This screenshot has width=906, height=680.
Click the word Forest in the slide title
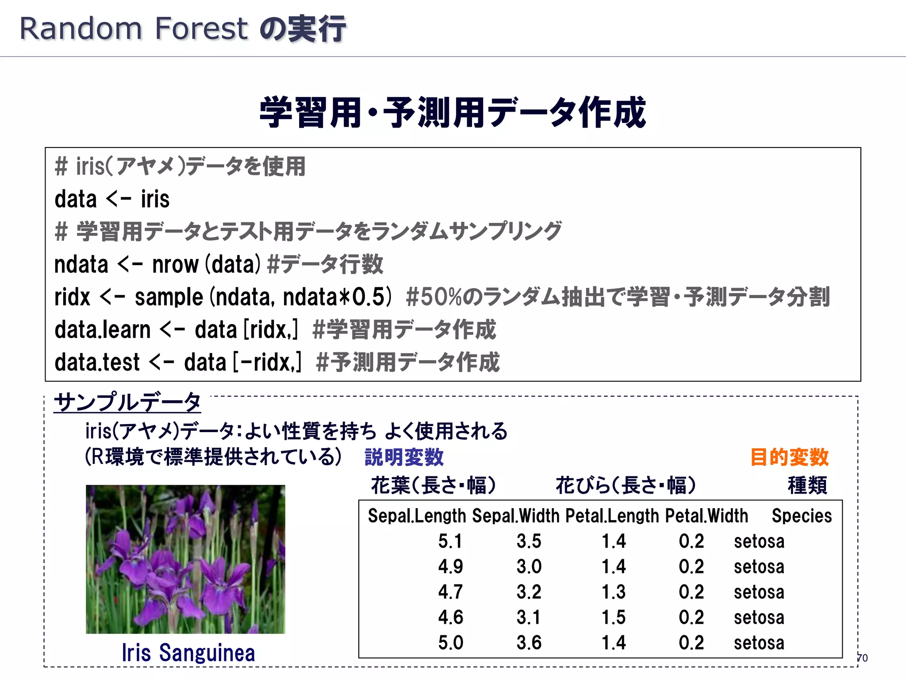click(x=201, y=29)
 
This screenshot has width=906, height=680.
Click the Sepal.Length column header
click(x=417, y=516)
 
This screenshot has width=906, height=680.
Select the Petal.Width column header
click(x=706, y=516)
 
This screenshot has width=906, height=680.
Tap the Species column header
click(x=802, y=516)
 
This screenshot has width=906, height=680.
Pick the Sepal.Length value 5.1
click(x=450, y=541)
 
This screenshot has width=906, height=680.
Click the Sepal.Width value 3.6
click(x=529, y=642)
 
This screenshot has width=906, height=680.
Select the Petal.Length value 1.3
click(x=614, y=592)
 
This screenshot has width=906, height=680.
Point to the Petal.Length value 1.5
click(x=614, y=617)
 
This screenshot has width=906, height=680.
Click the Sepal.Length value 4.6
click(x=450, y=617)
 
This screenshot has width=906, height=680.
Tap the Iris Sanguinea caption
click(x=188, y=653)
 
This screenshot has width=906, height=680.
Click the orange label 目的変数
click(x=789, y=457)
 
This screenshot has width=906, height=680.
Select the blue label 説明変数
click(x=404, y=457)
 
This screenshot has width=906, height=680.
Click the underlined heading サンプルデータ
click(x=127, y=402)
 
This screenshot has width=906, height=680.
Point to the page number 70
click(x=862, y=658)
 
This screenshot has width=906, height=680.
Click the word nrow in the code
click(x=176, y=264)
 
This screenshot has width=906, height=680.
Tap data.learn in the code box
click(x=103, y=330)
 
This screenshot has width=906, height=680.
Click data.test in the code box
click(x=97, y=362)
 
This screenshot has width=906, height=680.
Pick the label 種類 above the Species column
click(x=807, y=485)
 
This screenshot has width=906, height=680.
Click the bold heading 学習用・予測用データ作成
click(x=453, y=113)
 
